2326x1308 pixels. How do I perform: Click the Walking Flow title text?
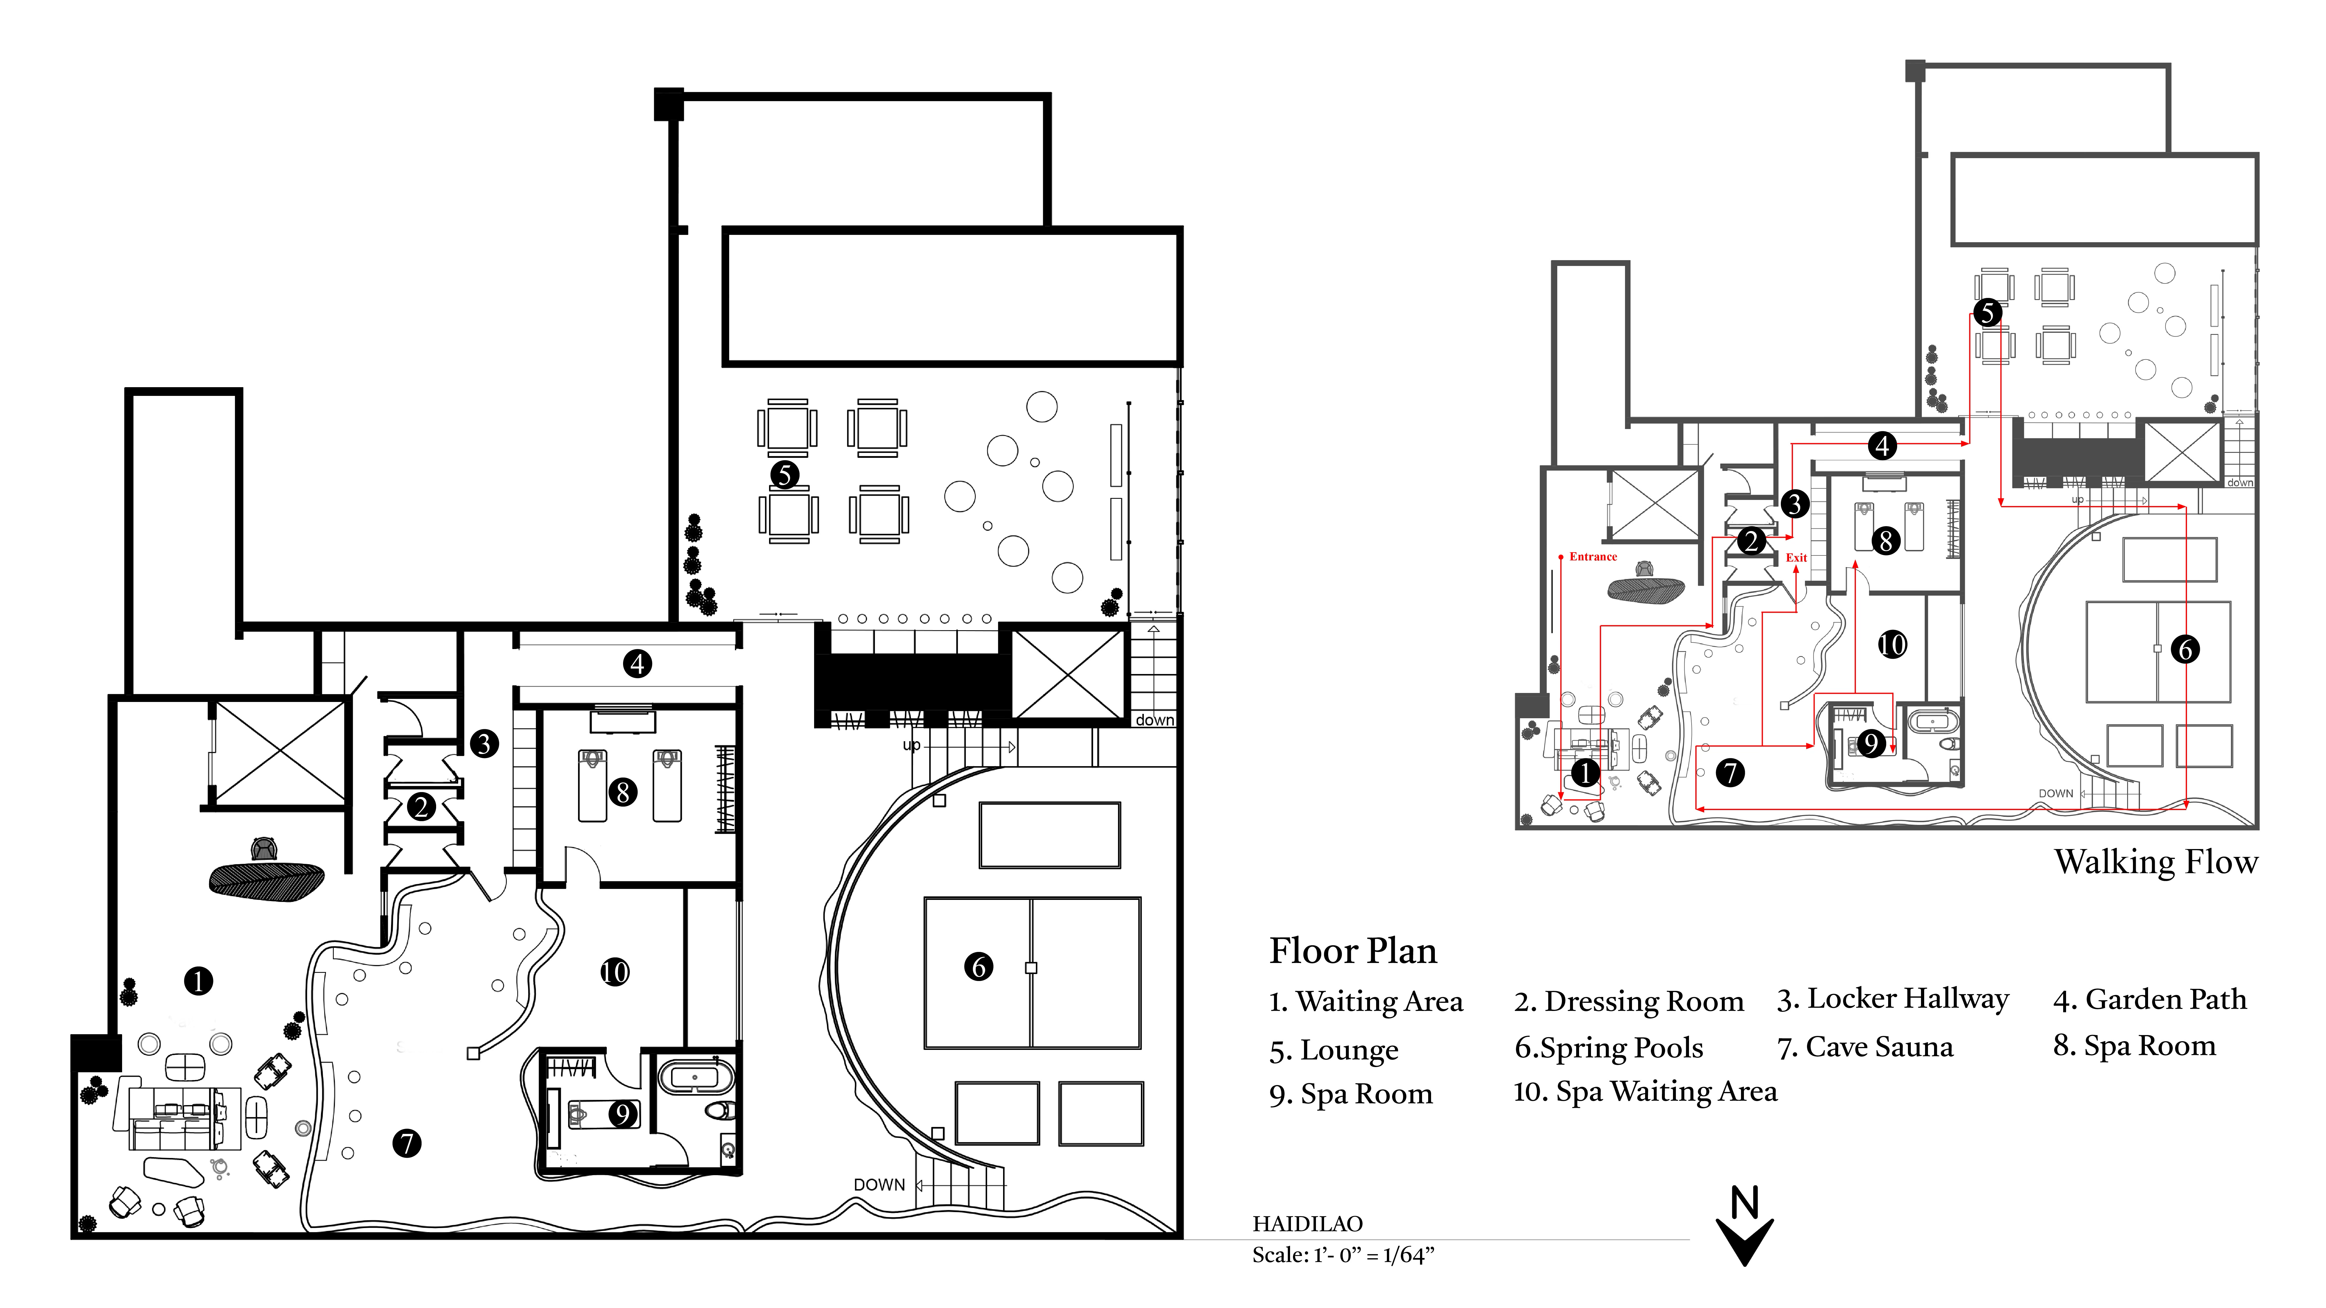(x=2155, y=862)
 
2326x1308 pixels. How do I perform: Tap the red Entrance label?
(x=1593, y=557)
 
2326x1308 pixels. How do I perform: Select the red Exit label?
(x=1796, y=558)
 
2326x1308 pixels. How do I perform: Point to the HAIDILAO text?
(x=1308, y=1224)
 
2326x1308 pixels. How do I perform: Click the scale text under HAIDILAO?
(x=1343, y=1255)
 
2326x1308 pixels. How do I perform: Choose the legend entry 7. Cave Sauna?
(x=1865, y=1047)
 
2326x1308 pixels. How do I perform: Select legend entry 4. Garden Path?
(x=2150, y=999)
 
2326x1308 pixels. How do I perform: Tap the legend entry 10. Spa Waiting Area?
(x=1645, y=1092)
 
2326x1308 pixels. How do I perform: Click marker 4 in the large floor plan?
(x=638, y=664)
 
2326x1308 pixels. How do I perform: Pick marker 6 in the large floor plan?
(x=979, y=967)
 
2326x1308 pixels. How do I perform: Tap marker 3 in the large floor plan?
(x=485, y=744)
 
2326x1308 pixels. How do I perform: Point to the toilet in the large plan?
(x=720, y=1109)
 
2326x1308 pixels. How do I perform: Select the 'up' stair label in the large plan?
(x=912, y=746)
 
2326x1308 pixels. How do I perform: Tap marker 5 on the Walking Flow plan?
(x=1987, y=313)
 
